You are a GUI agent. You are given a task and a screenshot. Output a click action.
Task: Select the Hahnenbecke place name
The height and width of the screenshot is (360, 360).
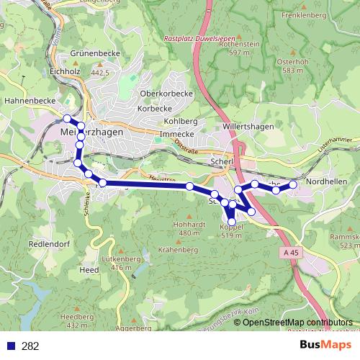point(26,102)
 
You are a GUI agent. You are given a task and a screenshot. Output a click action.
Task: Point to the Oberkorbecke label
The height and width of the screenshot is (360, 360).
point(166,94)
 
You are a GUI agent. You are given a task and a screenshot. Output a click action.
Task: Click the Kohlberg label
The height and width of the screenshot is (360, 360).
point(181,121)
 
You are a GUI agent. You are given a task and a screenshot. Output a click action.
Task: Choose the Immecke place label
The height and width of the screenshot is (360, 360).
point(177,134)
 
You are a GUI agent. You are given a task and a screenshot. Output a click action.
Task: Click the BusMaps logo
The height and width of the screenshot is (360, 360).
point(325,346)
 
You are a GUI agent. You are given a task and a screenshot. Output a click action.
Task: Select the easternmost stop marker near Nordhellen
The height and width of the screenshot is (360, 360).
point(293,185)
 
